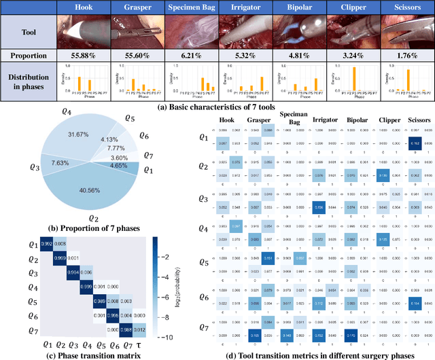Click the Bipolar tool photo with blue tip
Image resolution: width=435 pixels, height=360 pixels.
coord(299,32)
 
